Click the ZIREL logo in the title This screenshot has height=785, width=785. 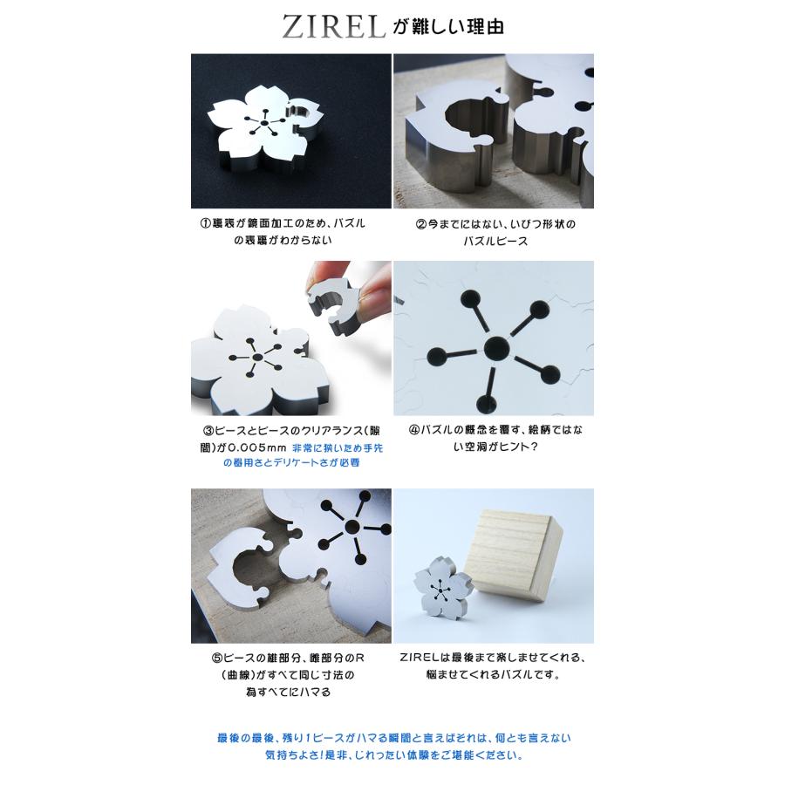pyautogui.click(x=333, y=26)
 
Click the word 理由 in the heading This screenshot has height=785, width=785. pyautogui.click(x=485, y=26)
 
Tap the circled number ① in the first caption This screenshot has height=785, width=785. pyautogui.click(x=206, y=223)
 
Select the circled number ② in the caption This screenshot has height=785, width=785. pyautogui.click(x=421, y=224)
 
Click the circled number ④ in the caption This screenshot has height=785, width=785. pyautogui.click(x=414, y=430)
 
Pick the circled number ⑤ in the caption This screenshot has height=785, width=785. pyautogui.click(x=216, y=658)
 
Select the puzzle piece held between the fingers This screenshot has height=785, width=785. pyautogui.click(x=334, y=307)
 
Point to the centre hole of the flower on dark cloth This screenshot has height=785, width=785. pyautogui.click(x=263, y=122)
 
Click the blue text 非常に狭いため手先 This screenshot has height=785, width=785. pyautogui.click(x=338, y=447)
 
